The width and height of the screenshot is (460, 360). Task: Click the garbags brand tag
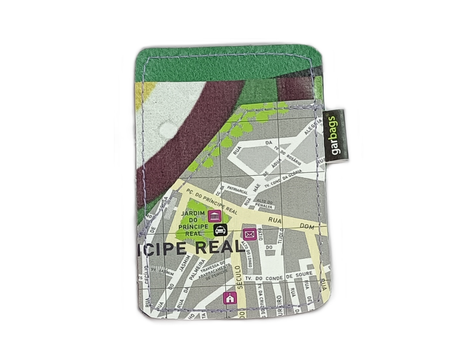coord(335,135)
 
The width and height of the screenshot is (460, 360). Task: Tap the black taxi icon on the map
coord(220,230)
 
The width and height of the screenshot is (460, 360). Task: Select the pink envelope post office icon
coord(249,234)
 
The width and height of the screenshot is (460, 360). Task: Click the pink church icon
coord(230,298)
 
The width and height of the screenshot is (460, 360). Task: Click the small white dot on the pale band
coord(167,128)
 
